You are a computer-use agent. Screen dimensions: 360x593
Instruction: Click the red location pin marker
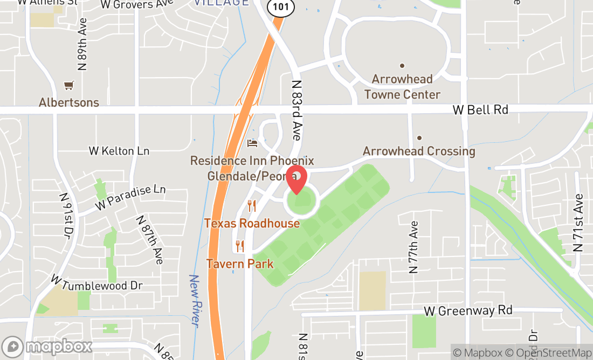296,180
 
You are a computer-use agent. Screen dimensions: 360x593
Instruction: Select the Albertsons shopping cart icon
68,85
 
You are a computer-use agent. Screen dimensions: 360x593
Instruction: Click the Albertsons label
69,102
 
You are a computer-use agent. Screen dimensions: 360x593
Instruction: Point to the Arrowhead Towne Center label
402,87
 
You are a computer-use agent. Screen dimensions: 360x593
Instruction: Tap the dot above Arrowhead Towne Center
402,65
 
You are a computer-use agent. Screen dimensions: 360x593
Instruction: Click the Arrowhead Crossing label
419,151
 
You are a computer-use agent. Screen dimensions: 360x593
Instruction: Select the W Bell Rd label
480,110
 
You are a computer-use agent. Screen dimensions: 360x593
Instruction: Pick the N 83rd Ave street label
296,110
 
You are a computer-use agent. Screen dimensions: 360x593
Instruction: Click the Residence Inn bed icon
252,143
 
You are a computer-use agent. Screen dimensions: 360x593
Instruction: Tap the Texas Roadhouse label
252,223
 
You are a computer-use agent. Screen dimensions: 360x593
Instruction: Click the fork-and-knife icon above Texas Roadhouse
251,205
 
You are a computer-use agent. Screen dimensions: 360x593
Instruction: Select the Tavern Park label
239,264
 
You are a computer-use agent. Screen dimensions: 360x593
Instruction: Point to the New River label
194,301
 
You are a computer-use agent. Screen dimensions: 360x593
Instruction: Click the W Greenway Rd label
468,310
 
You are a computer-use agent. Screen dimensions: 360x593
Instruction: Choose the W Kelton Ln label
119,151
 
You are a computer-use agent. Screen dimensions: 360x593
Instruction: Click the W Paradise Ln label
130,197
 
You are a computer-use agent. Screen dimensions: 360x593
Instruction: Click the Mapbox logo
47,346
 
